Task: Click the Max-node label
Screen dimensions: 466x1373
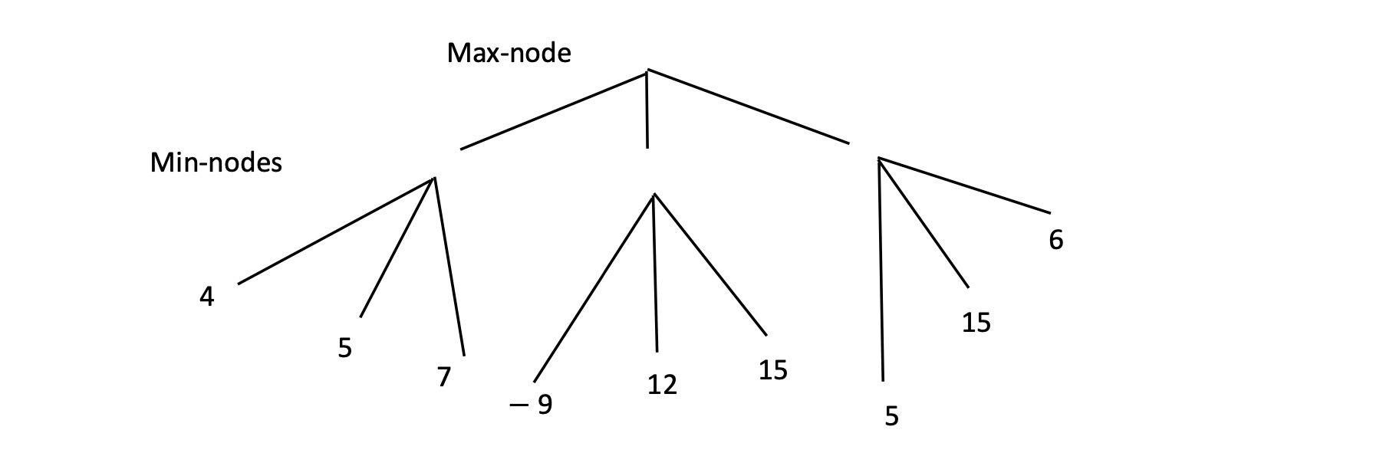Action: (x=509, y=53)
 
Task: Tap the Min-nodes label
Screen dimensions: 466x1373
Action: (x=216, y=162)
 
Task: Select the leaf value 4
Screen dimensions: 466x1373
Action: (x=206, y=297)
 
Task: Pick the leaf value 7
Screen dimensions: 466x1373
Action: (x=443, y=377)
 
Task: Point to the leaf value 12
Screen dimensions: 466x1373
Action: (x=662, y=384)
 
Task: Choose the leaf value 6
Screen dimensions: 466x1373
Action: (x=1055, y=240)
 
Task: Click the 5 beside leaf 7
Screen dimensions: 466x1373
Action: (x=345, y=348)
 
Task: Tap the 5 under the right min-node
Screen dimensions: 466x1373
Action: (x=891, y=416)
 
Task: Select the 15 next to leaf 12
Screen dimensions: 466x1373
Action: (x=772, y=370)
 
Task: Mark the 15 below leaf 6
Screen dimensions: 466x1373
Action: (x=976, y=323)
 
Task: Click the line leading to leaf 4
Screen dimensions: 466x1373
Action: (x=336, y=231)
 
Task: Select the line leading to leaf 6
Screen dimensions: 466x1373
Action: (x=963, y=185)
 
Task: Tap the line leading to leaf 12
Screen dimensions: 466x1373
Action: (x=655, y=272)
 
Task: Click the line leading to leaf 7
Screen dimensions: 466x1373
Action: (x=449, y=266)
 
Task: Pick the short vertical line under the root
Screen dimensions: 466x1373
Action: (x=647, y=109)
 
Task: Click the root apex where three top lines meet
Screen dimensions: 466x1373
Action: (x=647, y=71)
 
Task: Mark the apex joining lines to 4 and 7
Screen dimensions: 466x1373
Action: (x=434, y=178)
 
